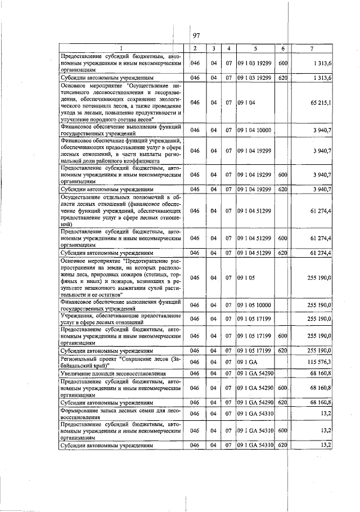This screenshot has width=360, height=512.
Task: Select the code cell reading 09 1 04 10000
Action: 254,130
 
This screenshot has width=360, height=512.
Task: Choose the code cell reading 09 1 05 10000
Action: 254,304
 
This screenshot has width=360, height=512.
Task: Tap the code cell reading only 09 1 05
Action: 245,277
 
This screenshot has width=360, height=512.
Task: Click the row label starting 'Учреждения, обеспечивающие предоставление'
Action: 120,318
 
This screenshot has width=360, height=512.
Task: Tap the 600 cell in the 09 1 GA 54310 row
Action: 283,431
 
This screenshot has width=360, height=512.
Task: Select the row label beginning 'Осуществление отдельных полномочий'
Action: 120,210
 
